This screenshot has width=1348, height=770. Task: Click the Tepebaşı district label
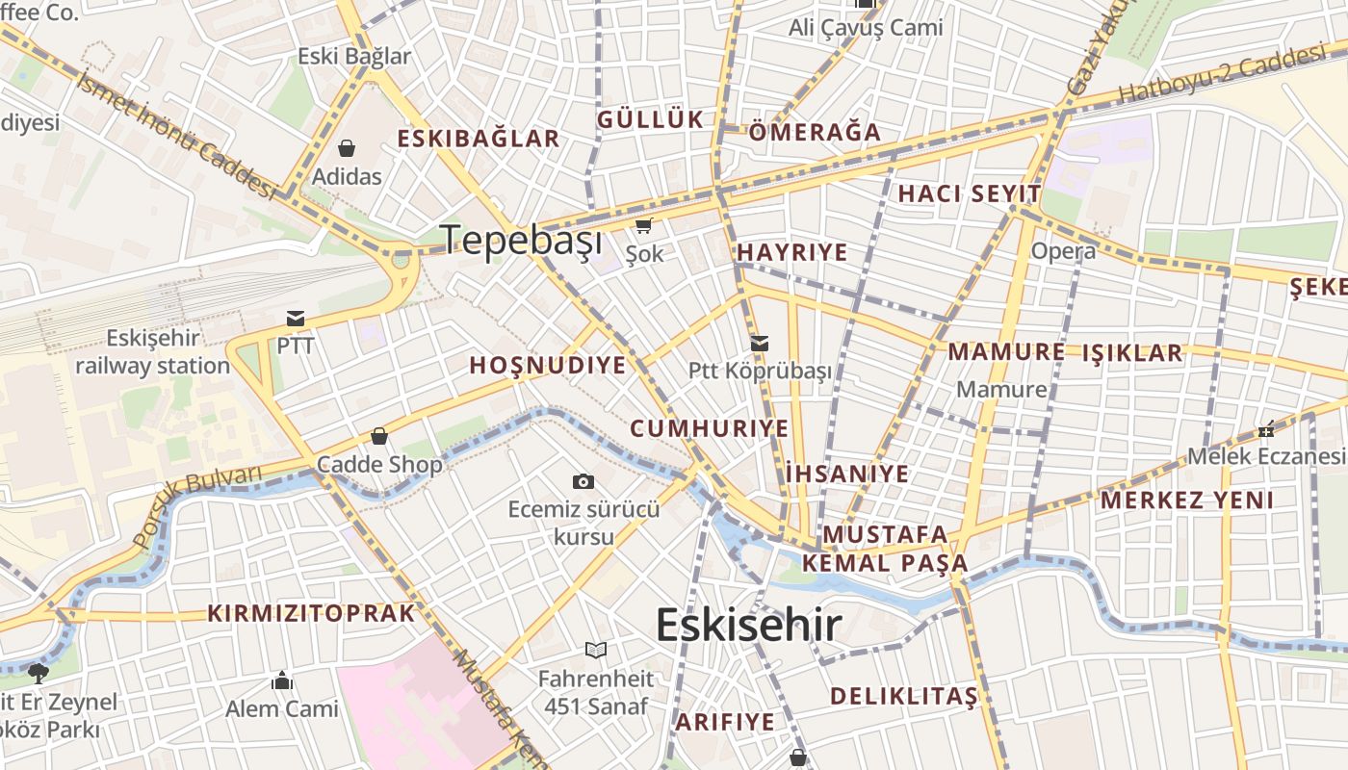click(x=521, y=240)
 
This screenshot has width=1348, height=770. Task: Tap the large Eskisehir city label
click(x=748, y=625)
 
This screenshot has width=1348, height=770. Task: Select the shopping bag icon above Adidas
click(x=346, y=148)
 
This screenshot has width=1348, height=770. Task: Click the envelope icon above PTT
click(x=295, y=319)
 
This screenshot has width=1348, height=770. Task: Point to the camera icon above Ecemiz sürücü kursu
click(x=583, y=481)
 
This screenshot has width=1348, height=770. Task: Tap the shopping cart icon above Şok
click(x=643, y=226)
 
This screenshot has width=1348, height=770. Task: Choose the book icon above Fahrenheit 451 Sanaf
click(x=596, y=650)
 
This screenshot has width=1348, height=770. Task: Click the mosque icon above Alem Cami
click(x=282, y=680)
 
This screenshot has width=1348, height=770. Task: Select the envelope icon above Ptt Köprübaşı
click(x=760, y=343)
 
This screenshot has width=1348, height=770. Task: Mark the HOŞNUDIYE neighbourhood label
click(x=547, y=366)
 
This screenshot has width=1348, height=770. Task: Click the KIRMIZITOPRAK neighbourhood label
click(x=311, y=613)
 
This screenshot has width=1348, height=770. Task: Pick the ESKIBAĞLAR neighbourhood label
click(x=478, y=138)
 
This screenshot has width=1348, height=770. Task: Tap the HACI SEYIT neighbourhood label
click(x=969, y=193)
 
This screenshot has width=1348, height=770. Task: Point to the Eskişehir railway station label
click(x=152, y=351)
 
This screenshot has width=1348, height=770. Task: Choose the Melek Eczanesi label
click(x=1265, y=455)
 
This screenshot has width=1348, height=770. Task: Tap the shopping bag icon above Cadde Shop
click(x=379, y=436)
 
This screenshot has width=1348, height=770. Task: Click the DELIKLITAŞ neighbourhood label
click(x=903, y=695)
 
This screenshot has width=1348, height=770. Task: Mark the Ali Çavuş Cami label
click(x=866, y=28)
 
